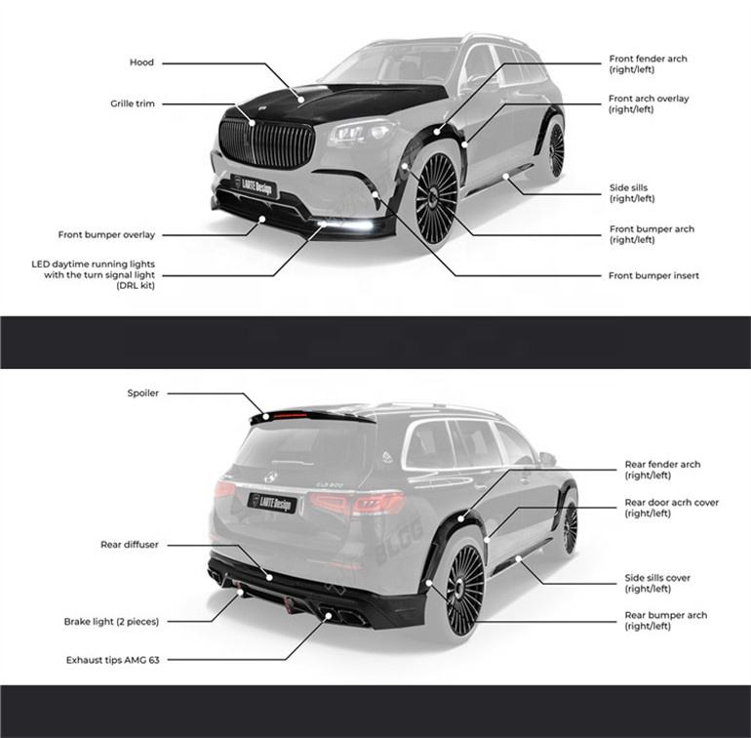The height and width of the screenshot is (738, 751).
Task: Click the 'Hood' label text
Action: coord(141,62)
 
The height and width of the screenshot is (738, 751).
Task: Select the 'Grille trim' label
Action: coord(132,103)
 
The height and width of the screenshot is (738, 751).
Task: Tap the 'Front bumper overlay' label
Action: coord(105,234)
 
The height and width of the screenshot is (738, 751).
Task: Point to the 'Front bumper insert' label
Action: coord(653,276)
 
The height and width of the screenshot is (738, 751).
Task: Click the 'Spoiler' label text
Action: coord(142,393)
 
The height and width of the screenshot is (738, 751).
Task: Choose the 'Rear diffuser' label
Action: coord(129,544)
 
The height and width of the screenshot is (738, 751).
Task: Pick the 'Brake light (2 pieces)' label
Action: coord(111,621)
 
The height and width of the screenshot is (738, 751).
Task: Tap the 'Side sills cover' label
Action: coord(657,578)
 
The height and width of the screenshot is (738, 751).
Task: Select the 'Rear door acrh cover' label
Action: coord(671,503)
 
